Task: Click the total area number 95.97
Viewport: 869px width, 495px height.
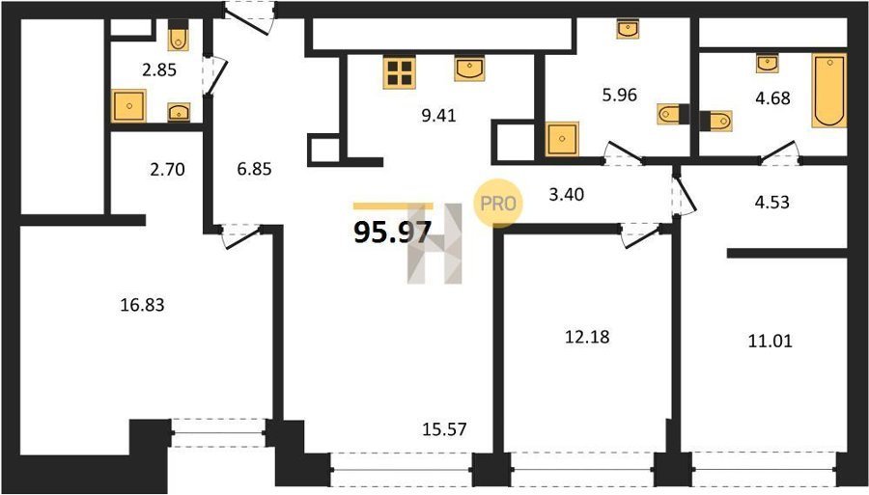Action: (x=392, y=232)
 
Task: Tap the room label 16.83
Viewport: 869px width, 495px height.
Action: (x=143, y=305)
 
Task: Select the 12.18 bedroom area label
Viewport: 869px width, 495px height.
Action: (x=587, y=337)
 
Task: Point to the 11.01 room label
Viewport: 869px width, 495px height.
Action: (x=771, y=341)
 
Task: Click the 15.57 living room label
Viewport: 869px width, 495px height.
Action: (x=444, y=429)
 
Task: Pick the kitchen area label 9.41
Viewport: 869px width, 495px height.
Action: (x=438, y=116)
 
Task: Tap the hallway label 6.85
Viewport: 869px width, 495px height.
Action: (x=254, y=169)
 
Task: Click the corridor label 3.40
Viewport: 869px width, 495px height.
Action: (x=566, y=195)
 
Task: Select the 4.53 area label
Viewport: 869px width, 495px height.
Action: (x=772, y=202)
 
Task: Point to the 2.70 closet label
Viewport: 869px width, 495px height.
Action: (x=167, y=170)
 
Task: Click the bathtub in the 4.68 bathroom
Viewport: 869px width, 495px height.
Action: (x=829, y=91)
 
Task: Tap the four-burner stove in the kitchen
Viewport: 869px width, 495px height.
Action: (x=400, y=72)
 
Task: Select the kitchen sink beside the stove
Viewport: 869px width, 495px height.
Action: (x=469, y=69)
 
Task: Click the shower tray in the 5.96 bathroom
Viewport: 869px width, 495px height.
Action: (x=562, y=138)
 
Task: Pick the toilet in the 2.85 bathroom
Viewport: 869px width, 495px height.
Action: (x=178, y=37)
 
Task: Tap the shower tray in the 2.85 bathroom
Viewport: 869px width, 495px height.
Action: (x=128, y=106)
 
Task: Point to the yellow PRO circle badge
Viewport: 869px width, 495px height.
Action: (x=497, y=204)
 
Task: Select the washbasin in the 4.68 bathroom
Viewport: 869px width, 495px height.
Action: (x=767, y=64)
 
